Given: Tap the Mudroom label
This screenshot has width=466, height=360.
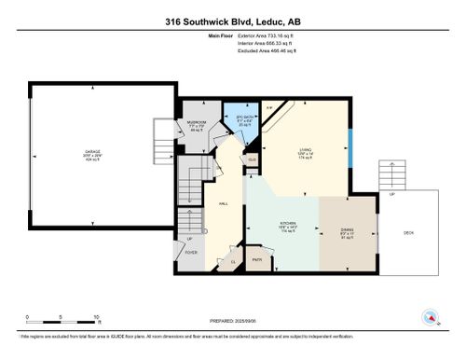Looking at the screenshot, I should click(197, 122).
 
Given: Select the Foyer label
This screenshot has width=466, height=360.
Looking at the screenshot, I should click(191, 252).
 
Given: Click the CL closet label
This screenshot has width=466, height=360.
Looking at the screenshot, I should click(234, 262).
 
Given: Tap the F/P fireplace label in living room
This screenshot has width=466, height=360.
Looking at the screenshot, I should click(270, 108).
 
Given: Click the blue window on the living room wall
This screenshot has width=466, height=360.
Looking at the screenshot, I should click(349, 146).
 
